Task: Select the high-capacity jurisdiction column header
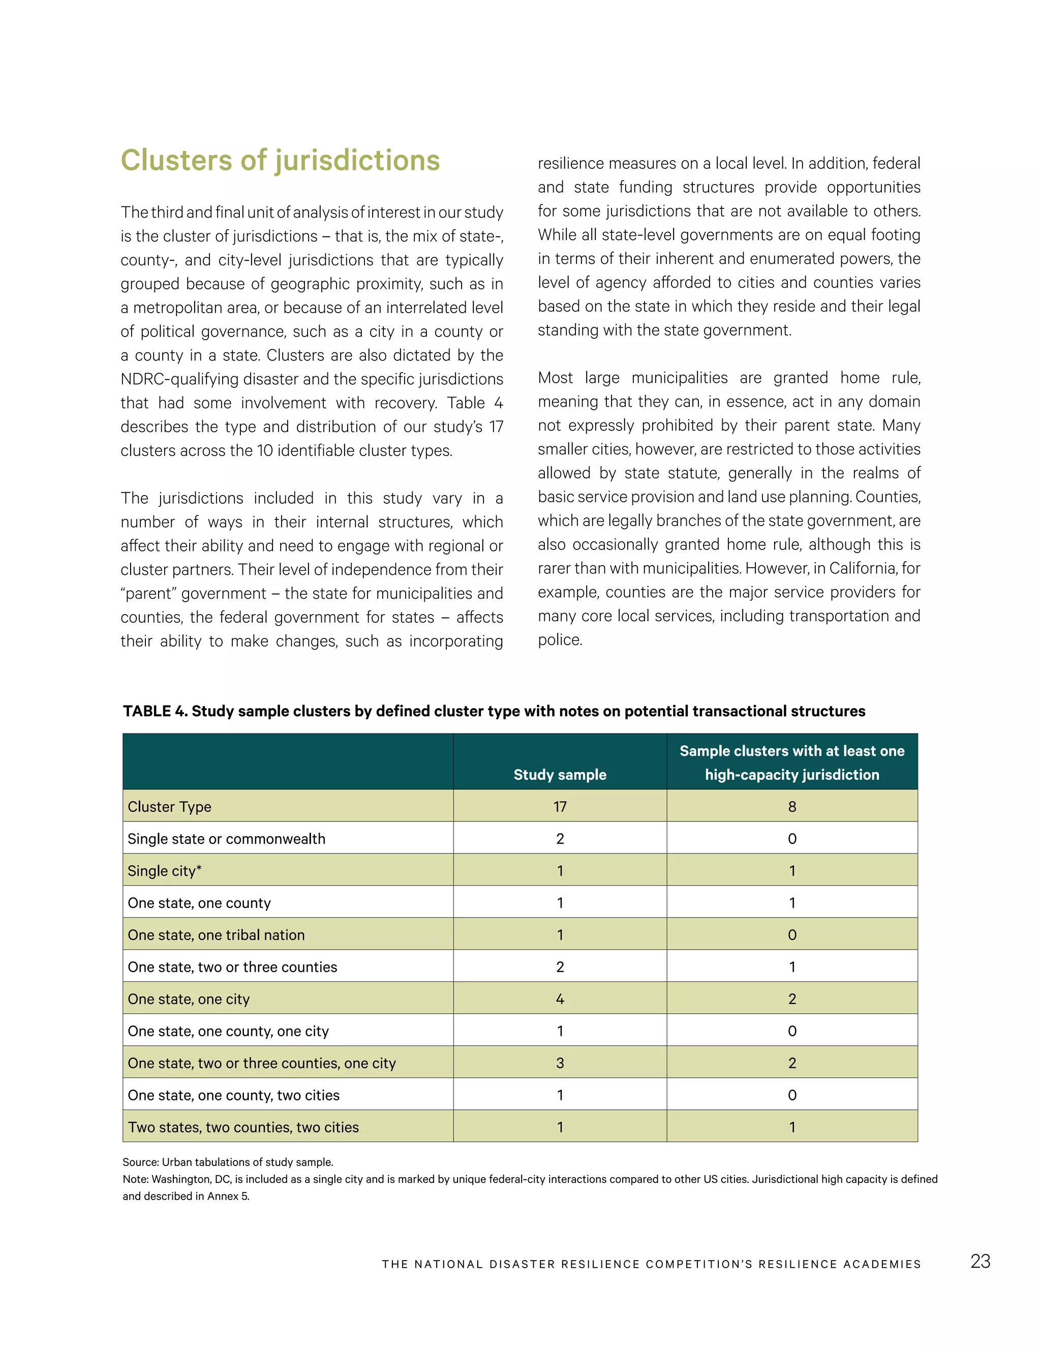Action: (791, 763)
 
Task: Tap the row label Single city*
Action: (165, 870)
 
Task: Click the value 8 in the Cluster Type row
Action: (792, 807)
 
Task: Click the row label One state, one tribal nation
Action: (216, 934)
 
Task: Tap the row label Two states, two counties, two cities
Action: (243, 1127)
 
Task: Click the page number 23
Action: (980, 1261)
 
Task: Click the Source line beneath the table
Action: (228, 1162)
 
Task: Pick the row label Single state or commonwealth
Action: (226, 838)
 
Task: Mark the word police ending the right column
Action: (559, 639)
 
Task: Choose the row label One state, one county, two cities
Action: (233, 1095)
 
